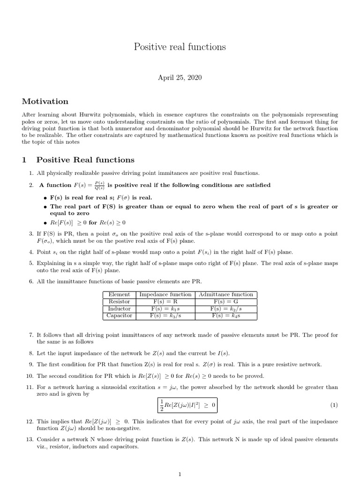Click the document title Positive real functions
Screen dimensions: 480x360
point(180,47)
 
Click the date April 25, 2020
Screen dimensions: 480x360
point(180,77)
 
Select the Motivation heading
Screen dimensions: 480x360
point(45,101)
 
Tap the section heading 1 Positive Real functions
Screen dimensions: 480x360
point(78,160)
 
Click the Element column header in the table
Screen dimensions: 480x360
point(119,294)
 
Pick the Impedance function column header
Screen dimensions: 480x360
point(165,294)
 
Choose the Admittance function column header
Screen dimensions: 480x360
point(226,294)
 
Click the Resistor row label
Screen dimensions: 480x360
point(119,301)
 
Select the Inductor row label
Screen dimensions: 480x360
point(119,309)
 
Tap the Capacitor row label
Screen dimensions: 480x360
point(119,316)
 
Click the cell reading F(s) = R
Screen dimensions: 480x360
point(165,301)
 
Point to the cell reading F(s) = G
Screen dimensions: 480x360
point(226,301)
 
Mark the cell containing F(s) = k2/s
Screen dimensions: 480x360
point(226,309)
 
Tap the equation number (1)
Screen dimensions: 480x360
point(334,405)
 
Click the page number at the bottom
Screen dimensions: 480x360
point(180,474)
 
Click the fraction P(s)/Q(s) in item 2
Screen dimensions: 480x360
point(99,185)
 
